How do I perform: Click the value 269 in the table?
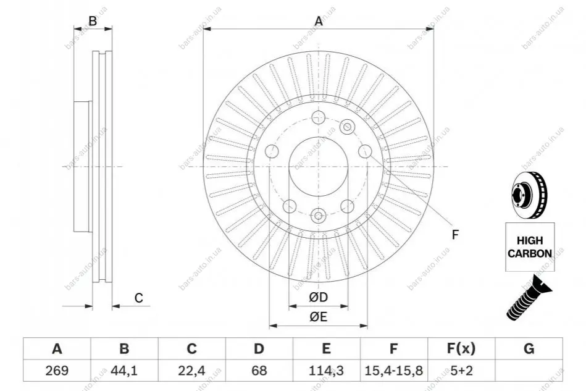[x=57, y=371]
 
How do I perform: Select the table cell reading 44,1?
[x=124, y=371]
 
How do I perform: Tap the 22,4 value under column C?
[x=191, y=371]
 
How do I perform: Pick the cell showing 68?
[x=259, y=371]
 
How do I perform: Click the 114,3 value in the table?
[x=326, y=371]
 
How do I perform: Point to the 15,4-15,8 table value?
[x=393, y=371]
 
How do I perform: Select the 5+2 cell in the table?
[x=461, y=371]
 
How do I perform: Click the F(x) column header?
[x=461, y=349]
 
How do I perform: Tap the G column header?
[x=529, y=349]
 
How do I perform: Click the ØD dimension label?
[x=319, y=297]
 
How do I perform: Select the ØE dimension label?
[x=319, y=317]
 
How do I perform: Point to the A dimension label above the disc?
[x=319, y=21]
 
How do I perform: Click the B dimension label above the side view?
[x=92, y=21]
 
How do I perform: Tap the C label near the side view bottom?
[x=139, y=298]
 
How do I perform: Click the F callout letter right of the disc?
[x=455, y=235]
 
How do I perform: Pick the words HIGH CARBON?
[x=530, y=246]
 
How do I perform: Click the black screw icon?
[x=529, y=298]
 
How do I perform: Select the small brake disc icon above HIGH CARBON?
[x=529, y=195]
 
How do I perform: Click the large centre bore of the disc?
[x=319, y=166]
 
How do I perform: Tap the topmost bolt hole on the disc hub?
[x=318, y=117]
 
